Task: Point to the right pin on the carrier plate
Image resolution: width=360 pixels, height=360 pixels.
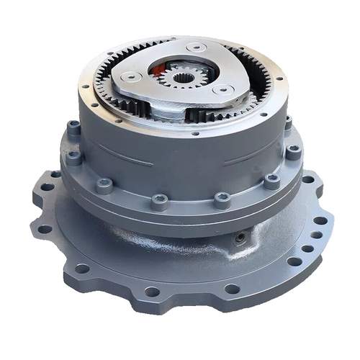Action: [x=223, y=89]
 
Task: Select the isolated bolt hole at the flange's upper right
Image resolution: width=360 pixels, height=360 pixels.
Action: [x=308, y=180]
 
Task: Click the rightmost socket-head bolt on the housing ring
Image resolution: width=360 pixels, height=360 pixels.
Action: [x=293, y=151]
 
